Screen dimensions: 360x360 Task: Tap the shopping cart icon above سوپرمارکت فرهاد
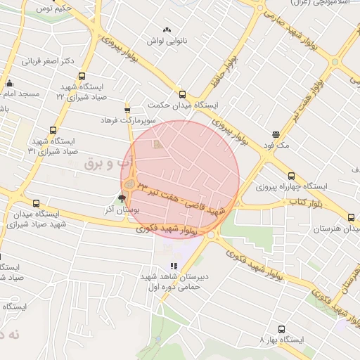click(x=127, y=110)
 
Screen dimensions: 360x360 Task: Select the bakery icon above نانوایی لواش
click(x=167, y=30)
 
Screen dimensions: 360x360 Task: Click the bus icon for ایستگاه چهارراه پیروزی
click(x=292, y=176)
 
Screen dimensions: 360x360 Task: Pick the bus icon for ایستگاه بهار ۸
click(x=282, y=329)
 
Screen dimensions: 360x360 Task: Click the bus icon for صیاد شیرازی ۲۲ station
click(x=82, y=77)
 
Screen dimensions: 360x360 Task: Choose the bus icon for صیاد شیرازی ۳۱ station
click(x=53, y=130)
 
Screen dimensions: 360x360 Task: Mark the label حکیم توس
click(x=52, y=8)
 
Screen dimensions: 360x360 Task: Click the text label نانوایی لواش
click(x=165, y=41)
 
